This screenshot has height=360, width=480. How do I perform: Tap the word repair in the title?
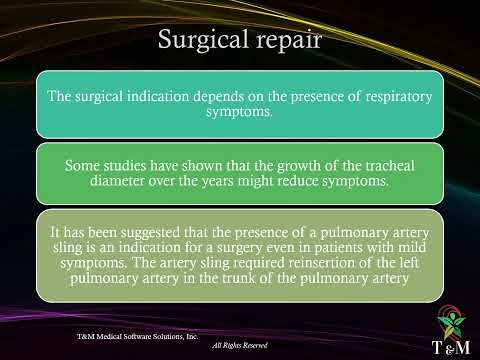285,41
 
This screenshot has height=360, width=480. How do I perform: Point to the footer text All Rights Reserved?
244,345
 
